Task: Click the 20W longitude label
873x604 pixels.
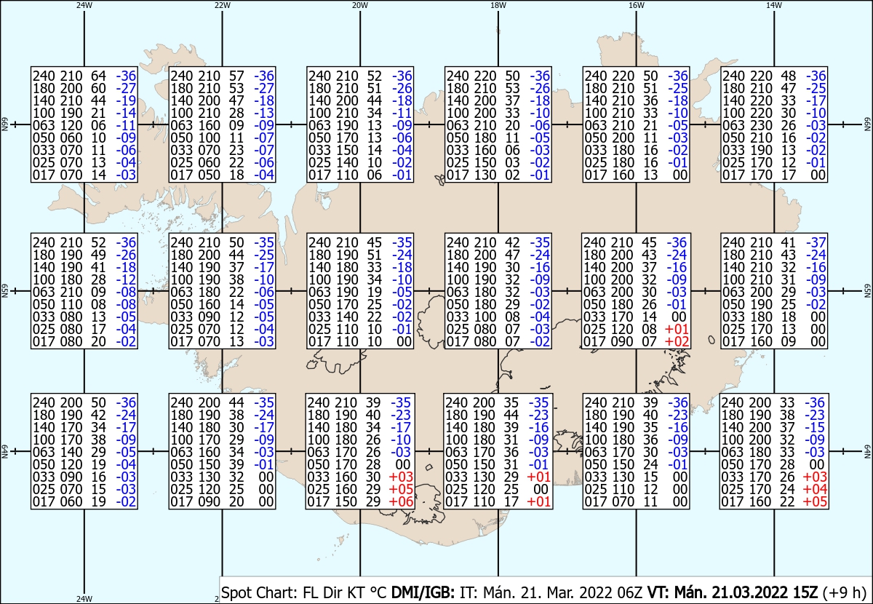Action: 359,6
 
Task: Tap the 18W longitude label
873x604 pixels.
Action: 498,6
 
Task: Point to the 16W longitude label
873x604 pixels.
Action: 636,6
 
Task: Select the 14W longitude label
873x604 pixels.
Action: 773,6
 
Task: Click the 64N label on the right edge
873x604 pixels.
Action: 867,451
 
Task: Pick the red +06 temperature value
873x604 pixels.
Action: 401,502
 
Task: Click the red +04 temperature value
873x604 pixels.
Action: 815,489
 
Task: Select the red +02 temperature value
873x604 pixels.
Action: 677,342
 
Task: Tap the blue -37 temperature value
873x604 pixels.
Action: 816,243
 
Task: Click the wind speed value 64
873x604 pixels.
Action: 98,76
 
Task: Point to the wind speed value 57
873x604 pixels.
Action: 236,76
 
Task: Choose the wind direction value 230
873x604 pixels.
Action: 761,126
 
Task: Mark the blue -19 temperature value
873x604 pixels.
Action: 126,101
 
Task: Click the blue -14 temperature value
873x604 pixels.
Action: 126,114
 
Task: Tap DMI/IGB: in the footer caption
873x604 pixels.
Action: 423,592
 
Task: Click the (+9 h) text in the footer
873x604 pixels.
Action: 844,592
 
